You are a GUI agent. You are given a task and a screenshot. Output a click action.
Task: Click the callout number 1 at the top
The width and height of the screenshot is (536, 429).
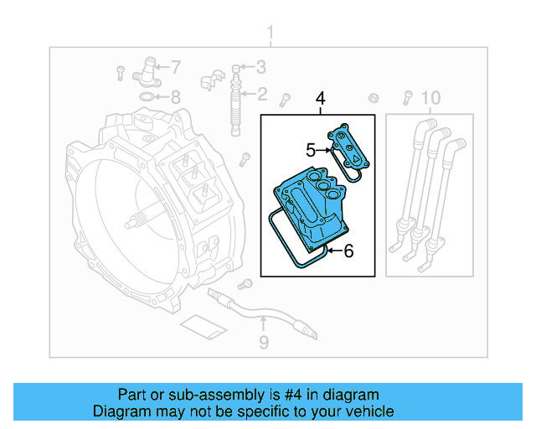pyautogui.click(x=270, y=34)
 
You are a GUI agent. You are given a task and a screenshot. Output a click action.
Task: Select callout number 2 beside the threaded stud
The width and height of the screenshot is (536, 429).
pyautogui.click(x=261, y=94)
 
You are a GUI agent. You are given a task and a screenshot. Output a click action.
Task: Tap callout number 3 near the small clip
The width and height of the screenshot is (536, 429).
pyautogui.click(x=261, y=67)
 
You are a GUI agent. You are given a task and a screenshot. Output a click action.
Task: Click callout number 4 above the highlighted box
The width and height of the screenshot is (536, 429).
pyautogui.click(x=320, y=101)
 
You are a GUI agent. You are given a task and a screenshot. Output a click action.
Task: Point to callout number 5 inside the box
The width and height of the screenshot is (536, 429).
pyautogui.click(x=310, y=151)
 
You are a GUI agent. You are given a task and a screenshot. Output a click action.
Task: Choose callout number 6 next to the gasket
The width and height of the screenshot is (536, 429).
pyautogui.click(x=348, y=250)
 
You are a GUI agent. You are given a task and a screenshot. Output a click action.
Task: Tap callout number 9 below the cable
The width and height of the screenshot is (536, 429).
pyautogui.click(x=263, y=341)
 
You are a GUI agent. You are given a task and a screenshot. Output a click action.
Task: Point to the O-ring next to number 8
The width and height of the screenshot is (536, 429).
pyautogui.click(x=147, y=97)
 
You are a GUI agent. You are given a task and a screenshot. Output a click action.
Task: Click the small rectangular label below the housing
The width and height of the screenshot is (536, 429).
pyautogui.click(x=199, y=328)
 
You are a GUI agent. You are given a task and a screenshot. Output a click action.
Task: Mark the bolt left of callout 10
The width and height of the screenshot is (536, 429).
pyautogui.click(x=408, y=96)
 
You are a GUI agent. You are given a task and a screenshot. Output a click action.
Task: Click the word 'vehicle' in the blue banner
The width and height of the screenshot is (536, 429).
pyautogui.click(x=369, y=411)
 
